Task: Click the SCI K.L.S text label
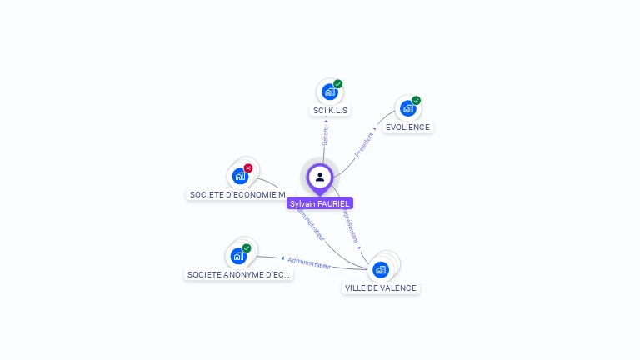pyautogui.click(x=330, y=110)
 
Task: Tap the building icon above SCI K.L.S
pyautogui.click(x=329, y=92)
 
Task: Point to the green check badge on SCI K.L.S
pyautogui.click(x=338, y=84)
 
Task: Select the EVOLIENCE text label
pyautogui.click(x=407, y=127)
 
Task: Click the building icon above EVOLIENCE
pyautogui.click(x=407, y=108)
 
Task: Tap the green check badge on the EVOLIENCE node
pyautogui.click(x=416, y=101)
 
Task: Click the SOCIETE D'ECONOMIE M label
pyautogui.click(x=237, y=194)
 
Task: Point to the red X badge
pyautogui.click(x=248, y=168)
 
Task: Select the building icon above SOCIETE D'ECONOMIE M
pyautogui.click(x=240, y=176)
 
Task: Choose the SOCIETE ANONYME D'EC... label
pyautogui.click(x=238, y=274)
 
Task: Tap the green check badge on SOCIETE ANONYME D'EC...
pyautogui.click(x=247, y=248)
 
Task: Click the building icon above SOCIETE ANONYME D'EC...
pyautogui.click(x=238, y=256)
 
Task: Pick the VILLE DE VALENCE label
pyautogui.click(x=381, y=287)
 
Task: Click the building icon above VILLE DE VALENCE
pyautogui.click(x=381, y=269)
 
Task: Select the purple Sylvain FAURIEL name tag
pyautogui.click(x=320, y=203)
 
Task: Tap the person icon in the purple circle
pyautogui.click(x=320, y=177)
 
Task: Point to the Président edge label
pyautogui.click(x=364, y=144)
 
